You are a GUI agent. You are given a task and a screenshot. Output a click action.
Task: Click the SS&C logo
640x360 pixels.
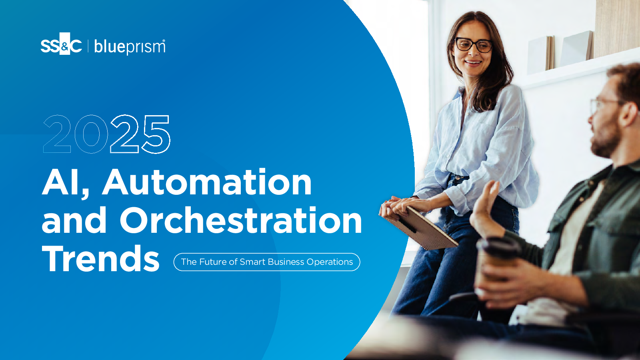[61, 44]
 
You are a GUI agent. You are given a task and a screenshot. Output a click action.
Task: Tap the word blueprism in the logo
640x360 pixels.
[130, 46]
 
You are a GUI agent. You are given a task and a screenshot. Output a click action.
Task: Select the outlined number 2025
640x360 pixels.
[106, 134]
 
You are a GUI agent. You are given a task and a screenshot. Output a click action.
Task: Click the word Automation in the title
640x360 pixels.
[207, 182]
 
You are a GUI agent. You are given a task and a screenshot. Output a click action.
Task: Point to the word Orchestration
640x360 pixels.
[241, 220]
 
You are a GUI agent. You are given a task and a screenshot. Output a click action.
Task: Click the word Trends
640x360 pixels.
[100, 258]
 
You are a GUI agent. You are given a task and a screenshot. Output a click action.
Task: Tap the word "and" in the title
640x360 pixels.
[74, 220]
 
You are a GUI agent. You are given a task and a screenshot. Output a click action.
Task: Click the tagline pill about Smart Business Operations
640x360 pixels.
[267, 262]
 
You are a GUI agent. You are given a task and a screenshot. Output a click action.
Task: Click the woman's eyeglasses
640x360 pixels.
[474, 45]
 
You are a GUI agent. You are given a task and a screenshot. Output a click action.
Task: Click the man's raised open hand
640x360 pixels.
[486, 210]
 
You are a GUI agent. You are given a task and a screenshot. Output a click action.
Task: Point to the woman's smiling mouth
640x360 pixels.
[473, 62]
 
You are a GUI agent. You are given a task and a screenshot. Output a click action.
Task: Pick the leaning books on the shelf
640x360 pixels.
[560, 52]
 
